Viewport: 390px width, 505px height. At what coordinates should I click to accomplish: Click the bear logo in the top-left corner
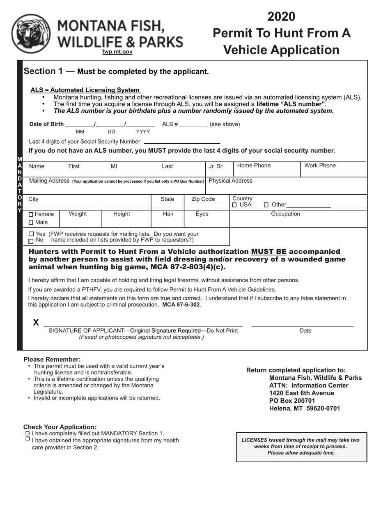click(31, 34)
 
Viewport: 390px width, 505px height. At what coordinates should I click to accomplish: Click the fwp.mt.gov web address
click(117, 52)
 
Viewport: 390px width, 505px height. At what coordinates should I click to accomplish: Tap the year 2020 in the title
click(281, 16)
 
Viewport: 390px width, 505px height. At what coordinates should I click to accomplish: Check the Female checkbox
click(32, 214)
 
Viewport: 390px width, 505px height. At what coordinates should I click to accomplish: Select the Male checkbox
click(32, 223)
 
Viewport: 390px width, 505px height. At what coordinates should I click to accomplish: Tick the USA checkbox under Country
click(234, 205)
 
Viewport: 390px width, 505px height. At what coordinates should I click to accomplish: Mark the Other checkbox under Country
click(266, 205)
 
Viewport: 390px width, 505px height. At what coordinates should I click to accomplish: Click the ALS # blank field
click(194, 125)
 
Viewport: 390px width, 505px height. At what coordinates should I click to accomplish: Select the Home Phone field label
click(254, 166)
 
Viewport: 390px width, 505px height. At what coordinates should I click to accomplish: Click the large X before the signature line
click(36, 323)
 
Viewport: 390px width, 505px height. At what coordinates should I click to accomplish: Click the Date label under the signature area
click(305, 331)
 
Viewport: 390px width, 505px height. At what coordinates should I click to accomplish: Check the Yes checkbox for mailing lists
click(31, 234)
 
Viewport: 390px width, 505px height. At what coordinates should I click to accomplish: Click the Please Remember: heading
click(52, 359)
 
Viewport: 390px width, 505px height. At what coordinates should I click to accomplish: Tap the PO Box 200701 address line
click(292, 401)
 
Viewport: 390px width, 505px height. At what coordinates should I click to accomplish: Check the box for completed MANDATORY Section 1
click(27, 434)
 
